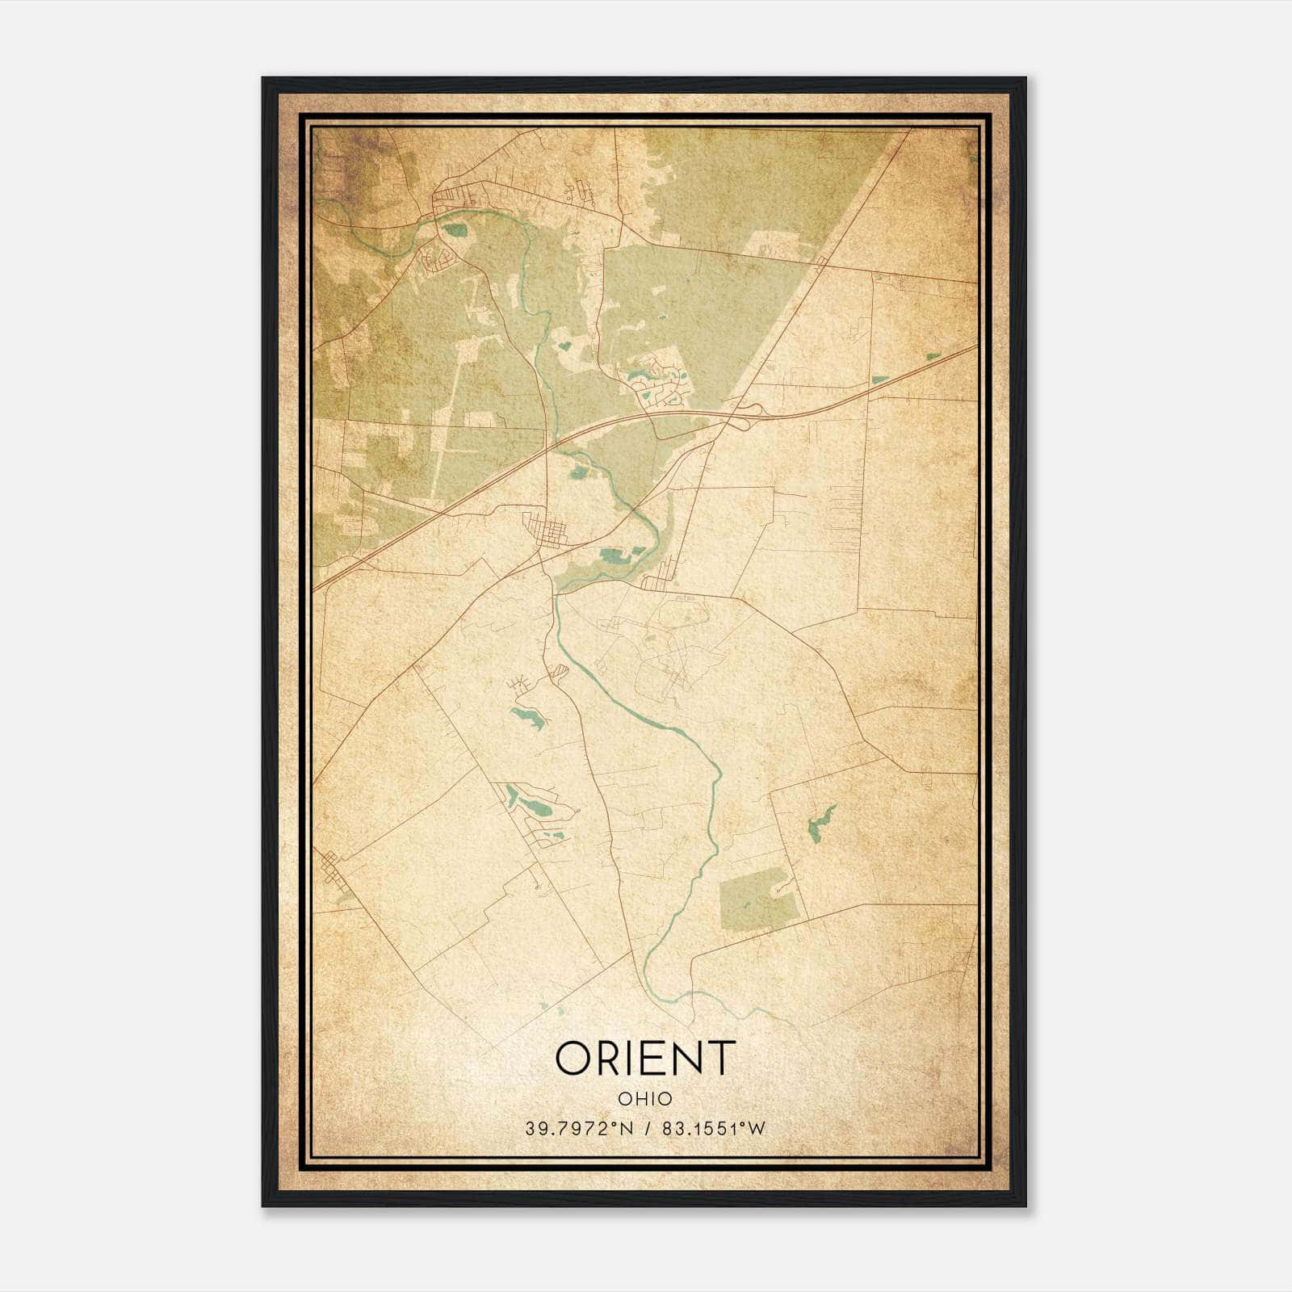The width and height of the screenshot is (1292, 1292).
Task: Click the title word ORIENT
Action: pyautogui.click(x=645, y=1058)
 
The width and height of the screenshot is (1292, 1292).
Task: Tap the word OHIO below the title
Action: pyautogui.click(x=645, y=1099)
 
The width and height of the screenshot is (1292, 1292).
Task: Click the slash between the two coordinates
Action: pyautogui.click(x=646, y=1129)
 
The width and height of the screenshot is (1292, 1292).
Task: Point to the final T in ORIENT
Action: pyautogui.click(x=719, y=1058)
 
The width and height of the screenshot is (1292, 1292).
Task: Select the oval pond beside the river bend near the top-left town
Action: pyautogui.click(x=456, y=230)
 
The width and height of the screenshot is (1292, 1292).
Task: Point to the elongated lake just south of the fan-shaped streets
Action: pyautogui.click(x=526, y=716)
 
